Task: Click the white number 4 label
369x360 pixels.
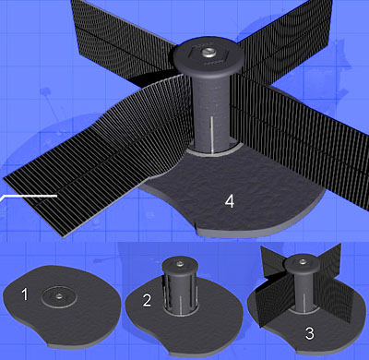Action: coord(230,201)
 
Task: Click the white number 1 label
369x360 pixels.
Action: coord(25,294)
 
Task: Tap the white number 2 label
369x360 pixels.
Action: coord(147,301)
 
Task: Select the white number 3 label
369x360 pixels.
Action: coord(310,333)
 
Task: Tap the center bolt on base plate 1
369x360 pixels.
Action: coord(58,296)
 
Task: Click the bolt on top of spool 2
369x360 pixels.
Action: coord(180,263)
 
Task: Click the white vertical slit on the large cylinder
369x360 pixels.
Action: coord(211,135)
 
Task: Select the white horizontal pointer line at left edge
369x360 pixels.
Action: coord(29,196)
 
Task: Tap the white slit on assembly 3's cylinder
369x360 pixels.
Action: coord(303,303)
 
